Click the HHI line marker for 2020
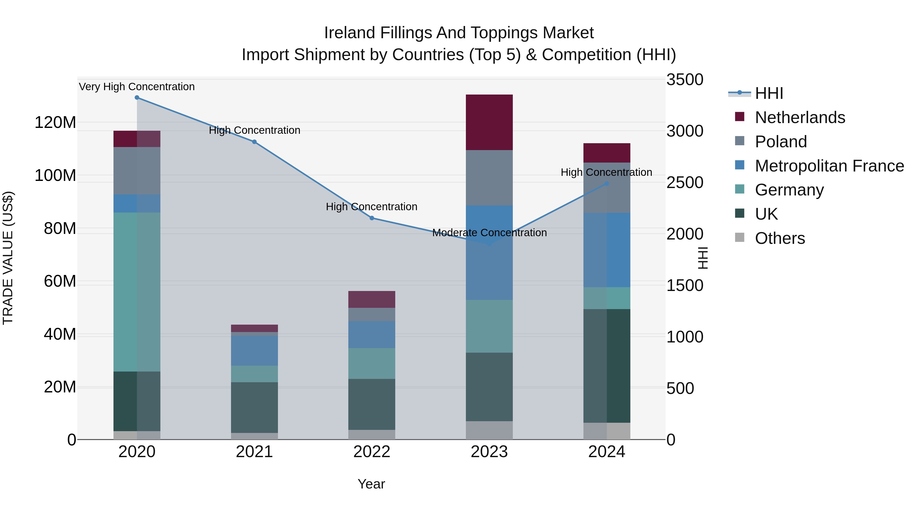point(137,98)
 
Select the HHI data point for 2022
point(372,218)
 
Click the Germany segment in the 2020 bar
point(137,292)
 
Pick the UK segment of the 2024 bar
point(607,366)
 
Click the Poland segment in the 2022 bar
point(372,314)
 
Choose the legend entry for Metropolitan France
point(829,166)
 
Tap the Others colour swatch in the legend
point(739,237)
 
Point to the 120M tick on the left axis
point(55,123)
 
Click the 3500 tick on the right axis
point(685,80)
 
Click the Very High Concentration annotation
point(137,87)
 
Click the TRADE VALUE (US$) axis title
point(8,258)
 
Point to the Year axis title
point(371,484)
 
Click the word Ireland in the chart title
point(350,33)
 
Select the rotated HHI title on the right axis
point(703,258)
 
